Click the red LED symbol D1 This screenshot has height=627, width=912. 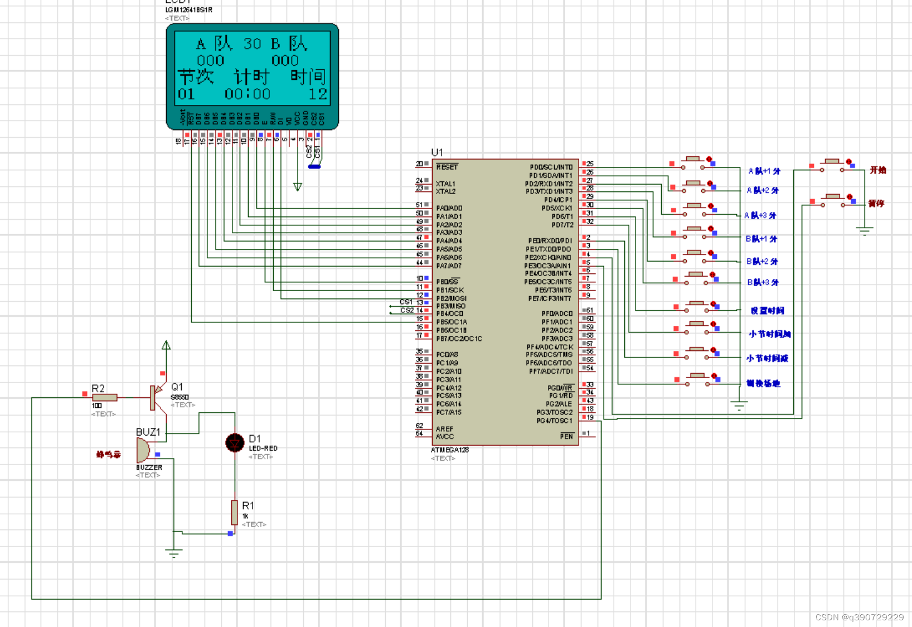coord(235,443)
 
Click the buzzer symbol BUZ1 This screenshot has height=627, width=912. coord(143,450)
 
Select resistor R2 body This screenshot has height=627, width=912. coord(105,398)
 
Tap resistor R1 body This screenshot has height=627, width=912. coord(235,512)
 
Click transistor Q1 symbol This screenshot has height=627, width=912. coord(157,397)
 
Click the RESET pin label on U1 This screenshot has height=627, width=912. coord(447,167)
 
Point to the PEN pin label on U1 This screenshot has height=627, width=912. coord(566,436)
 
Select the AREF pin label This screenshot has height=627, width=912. coord(444,428)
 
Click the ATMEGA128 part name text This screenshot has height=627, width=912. coord(449,450)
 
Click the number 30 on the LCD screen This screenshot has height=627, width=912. coord(252,44)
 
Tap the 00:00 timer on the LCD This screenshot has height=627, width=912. coord(248,94)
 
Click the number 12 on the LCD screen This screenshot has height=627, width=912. coord(318,94)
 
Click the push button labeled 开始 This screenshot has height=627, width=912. coord(833,162)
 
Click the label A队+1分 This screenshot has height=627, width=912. coord(764,171)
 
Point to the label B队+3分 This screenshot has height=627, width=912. coord(762,282)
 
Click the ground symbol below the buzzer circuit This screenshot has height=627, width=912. coord(173,553)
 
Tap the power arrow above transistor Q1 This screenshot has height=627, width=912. coord(166,346)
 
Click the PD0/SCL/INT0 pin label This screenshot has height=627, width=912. coord(551,167)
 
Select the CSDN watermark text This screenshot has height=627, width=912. coord(859,617)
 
